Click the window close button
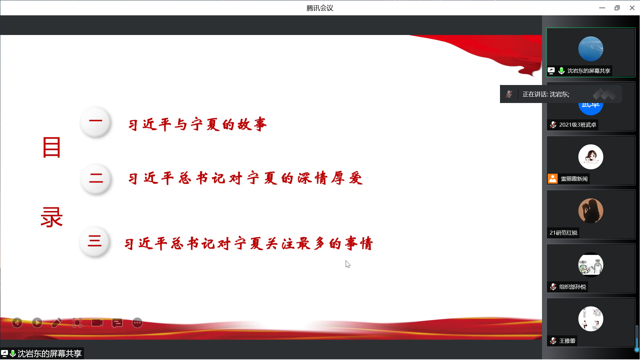coord(632,8)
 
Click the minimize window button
coord(602,8)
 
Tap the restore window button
coord(617,8)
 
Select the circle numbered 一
coord(96,122)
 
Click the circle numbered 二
coord(96,179)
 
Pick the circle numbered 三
coord(95,241)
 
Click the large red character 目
coord(52,147)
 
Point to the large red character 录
coord(52,217)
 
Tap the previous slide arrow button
coord(17,323)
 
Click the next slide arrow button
coord(37,323)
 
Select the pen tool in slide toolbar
coord(57,323)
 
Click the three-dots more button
coord(137,323)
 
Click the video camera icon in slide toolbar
coord(97,323)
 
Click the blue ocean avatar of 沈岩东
coord(591,49)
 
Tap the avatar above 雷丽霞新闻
coord(591,157)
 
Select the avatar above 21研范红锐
coord(591,211)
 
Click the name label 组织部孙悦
coord(572,287)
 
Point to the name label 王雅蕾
coord(567,341)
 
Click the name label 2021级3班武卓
coord(578,125)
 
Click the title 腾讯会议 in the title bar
coord(320,8)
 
